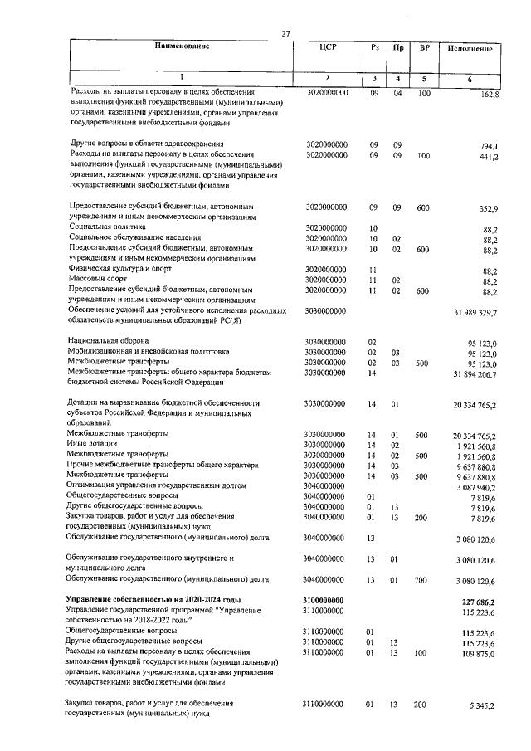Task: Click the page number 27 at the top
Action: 285,33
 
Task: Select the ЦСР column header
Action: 328,49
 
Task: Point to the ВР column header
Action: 424,49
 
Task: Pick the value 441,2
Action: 485,157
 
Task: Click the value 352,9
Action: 485,208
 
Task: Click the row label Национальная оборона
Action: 109,341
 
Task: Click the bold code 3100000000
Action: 326,599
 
